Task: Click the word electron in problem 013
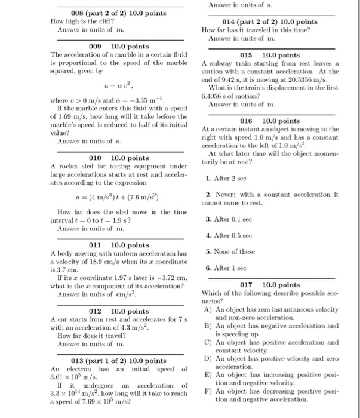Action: pos(75,369)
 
